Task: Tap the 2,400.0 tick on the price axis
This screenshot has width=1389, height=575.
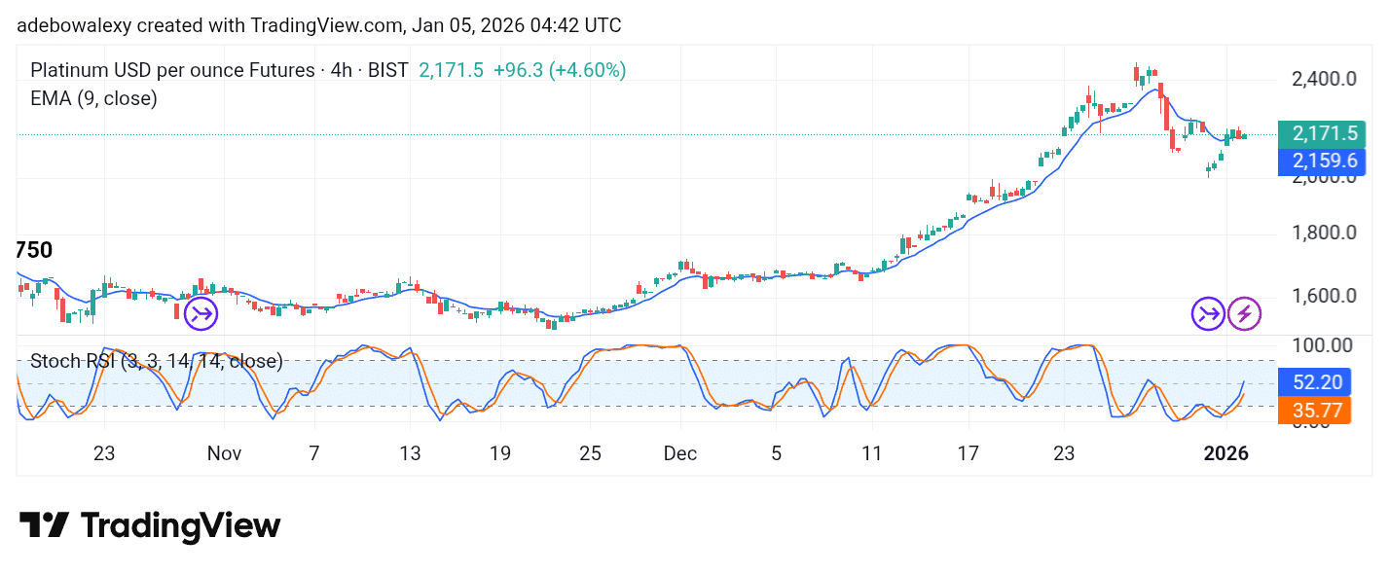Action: tap(1324, 79)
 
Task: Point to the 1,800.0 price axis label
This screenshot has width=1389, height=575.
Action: tap(1324, 233)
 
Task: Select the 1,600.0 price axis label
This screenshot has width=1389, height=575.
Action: tap(1324, 296)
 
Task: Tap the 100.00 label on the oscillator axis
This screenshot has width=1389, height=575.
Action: tap(1322, 345)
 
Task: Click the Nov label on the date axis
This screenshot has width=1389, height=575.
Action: tap(224, 453)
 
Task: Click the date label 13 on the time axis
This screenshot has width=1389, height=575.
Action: tap(410, 453)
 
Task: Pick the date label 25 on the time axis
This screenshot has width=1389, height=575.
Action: tap(591, 453)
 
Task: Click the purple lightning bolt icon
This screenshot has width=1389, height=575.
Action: tap(1244, 313)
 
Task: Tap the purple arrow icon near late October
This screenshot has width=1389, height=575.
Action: tap(201, 313)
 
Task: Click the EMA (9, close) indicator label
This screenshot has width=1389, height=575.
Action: tap(93, 98)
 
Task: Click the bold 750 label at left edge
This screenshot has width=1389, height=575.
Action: tap(34, 251)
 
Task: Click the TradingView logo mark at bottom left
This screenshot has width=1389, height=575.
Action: tap(44, 525)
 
